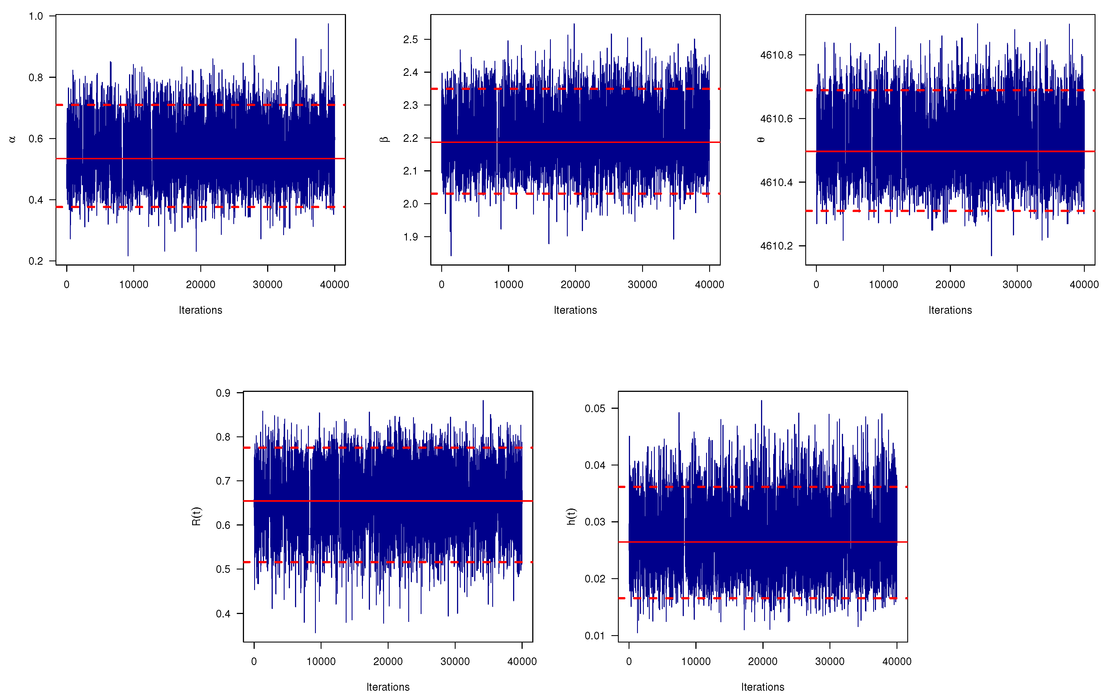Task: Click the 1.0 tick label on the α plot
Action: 36,16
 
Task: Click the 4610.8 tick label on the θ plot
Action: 777,55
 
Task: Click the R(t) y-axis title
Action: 196,516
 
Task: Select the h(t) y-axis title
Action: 571,516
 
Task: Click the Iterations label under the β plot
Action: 575,310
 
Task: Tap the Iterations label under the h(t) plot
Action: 763,687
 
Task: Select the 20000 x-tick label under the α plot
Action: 200,285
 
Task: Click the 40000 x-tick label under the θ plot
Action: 1084,285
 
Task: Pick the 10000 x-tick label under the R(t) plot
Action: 321,662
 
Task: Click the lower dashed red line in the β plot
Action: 599,194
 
